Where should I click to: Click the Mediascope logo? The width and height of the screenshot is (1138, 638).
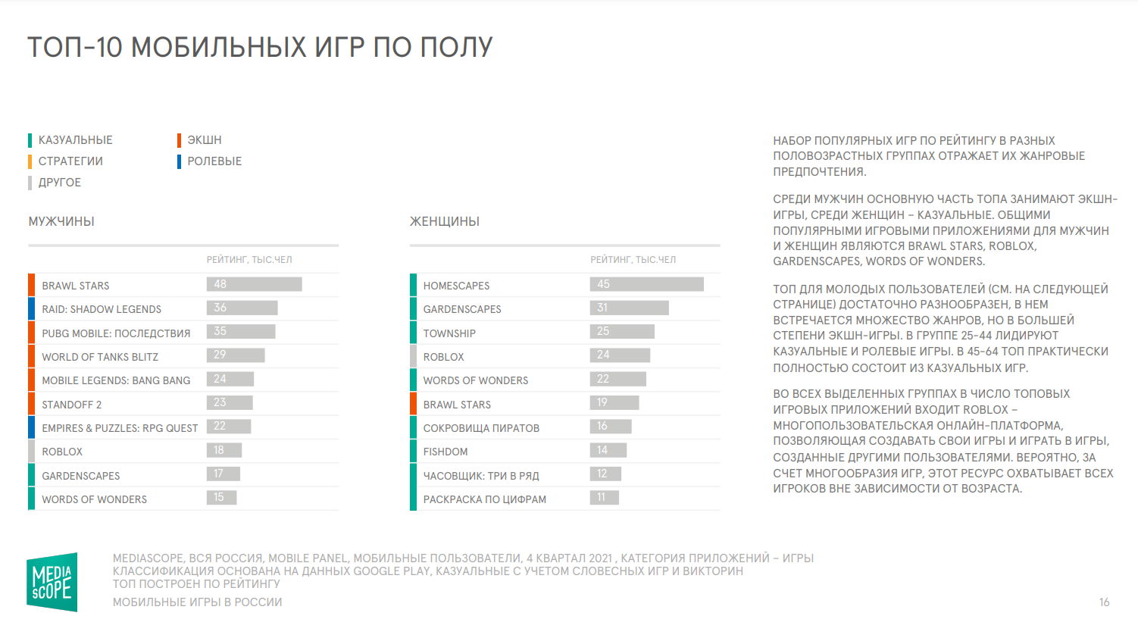coord(52,582)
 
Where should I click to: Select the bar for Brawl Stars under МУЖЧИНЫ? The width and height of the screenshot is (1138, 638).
coord(254,284)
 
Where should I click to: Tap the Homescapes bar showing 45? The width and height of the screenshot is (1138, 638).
coord(646,284)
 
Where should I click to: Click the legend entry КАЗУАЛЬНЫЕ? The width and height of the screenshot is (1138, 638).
coord(75,140)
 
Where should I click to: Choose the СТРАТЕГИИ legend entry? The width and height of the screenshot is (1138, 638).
coord(70,161)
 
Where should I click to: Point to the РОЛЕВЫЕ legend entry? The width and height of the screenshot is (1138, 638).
coord(214,161)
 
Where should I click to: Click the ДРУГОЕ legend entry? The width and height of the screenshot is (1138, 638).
coord(59,183)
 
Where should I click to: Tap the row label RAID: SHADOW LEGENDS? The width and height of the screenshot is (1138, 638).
coord(102,309)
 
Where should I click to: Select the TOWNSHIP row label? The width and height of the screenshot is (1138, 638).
coord(449,333)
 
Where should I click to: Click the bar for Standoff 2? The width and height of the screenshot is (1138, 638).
coord(230,402)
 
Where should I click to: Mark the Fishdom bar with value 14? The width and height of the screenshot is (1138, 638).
coord(608,450)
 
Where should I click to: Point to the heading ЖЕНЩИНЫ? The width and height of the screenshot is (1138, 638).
coord(445,222)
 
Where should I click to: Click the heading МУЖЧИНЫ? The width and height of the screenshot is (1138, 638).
coord(61,222)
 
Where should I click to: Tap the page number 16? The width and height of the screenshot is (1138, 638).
coord(1104,602)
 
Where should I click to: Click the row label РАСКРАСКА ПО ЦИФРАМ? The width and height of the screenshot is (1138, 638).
coord(484,499)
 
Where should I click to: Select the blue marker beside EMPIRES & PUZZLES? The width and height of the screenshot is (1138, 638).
coord(32,427)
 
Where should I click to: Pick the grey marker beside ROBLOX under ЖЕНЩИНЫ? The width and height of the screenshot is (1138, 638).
coord(413,356)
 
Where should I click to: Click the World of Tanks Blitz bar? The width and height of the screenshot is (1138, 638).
coord(236,355)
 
